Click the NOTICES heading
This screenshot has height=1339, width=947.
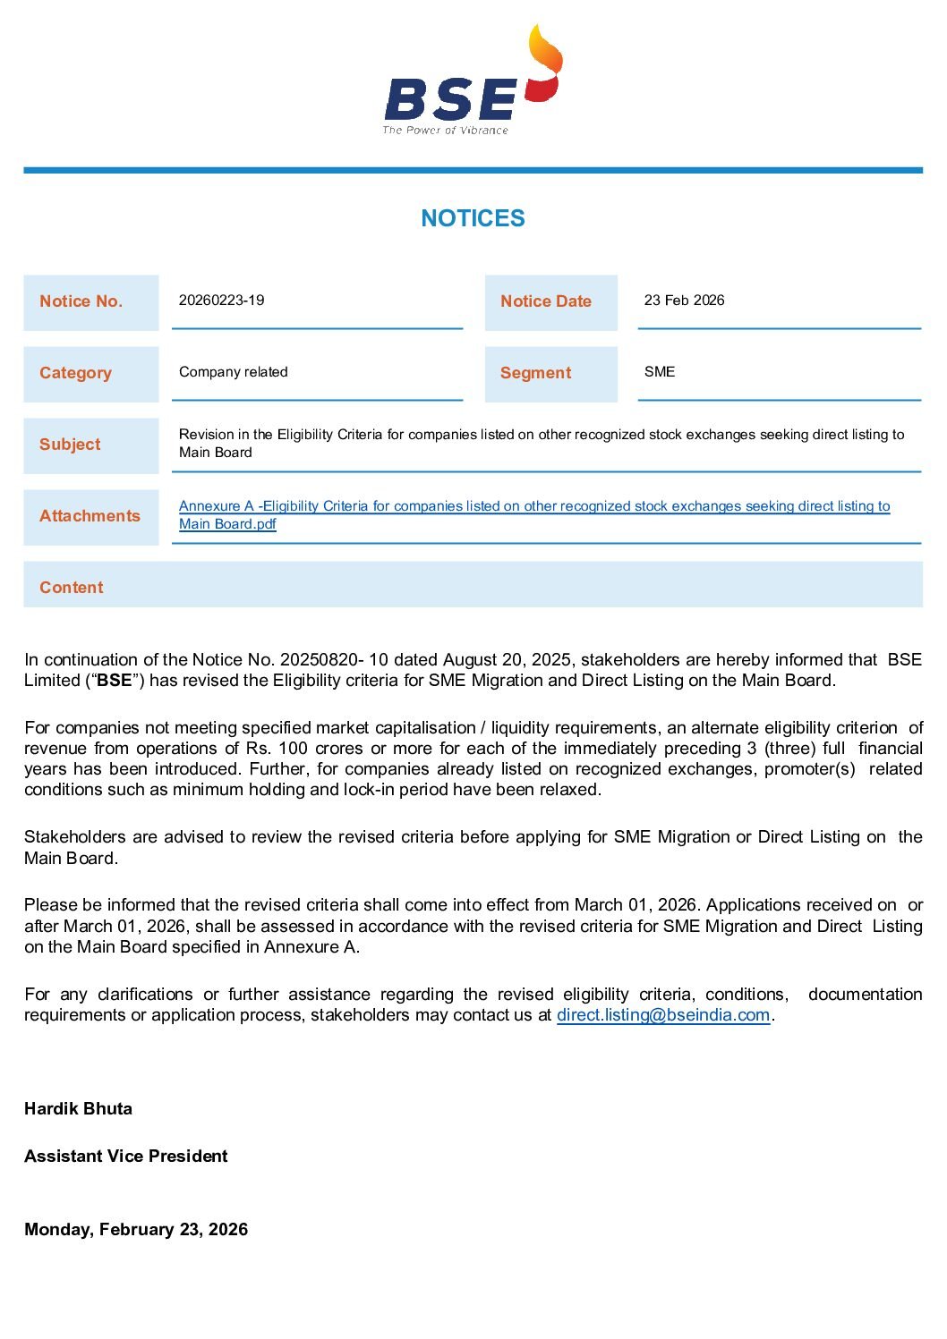473,218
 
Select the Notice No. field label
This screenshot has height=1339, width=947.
81,301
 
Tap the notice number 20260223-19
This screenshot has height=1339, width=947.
221,301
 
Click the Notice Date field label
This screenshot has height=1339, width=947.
545,301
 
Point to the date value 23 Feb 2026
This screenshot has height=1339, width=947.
684,301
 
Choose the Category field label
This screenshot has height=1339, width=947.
75,373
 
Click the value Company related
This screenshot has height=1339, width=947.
233,372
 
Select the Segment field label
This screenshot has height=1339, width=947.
535,373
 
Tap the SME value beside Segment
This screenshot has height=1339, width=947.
660,372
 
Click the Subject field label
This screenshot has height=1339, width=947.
70,445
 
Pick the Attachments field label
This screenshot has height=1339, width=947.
90,516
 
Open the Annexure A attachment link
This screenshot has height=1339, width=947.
533,506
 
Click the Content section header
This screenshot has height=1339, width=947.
72,588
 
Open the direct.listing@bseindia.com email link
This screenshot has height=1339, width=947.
663,1015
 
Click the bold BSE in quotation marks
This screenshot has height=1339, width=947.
114,681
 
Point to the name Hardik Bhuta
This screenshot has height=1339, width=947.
78,1109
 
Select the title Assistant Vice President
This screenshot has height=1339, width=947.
126,1157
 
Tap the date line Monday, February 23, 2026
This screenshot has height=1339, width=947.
136,1230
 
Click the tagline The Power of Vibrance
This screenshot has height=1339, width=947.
445,131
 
